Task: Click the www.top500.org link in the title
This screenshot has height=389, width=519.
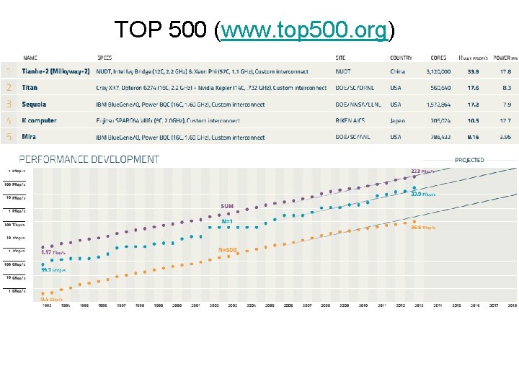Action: point(306,30)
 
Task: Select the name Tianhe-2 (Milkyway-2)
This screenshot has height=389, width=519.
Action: point(56,71)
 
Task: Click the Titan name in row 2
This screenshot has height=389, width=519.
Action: point(30,88)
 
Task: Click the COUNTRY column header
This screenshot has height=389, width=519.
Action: point(401,58)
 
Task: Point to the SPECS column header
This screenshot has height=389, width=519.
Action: point(105,58)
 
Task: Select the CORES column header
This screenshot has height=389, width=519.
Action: point(438,58)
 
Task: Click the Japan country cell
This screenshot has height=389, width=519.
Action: point(397,121)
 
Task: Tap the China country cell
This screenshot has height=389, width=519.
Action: point(397,71)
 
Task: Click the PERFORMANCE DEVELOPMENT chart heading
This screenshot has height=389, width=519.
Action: point(89,159)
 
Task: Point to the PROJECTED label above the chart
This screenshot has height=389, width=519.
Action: point(469,160)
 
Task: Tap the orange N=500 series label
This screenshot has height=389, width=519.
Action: point(227,250)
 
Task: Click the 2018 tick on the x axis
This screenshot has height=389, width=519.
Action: point(512,305)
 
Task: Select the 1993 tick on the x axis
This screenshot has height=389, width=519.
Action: point(47,305)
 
